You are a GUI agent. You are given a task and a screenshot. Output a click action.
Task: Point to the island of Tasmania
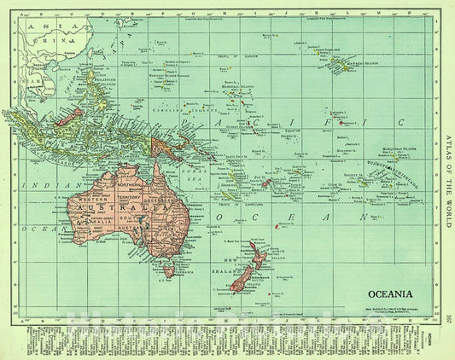169,270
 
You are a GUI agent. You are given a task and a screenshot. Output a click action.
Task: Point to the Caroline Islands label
175,134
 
